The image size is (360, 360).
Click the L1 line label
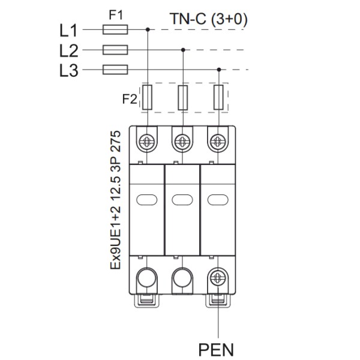pos(70,29)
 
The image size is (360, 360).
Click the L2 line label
pos(70,50)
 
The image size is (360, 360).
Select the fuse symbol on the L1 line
pos(116,29)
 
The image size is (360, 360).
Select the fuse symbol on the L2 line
pos(116,50)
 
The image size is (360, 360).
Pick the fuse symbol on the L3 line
pos(116,70)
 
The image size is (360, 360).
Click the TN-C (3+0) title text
pos(208,19)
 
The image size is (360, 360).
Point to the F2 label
pos(130,99)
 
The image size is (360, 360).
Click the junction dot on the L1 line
pos(148,29)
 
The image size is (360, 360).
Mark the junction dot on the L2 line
pos(183,50)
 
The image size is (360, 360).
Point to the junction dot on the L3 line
pos(219,70)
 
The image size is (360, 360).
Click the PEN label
pos(216,348)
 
